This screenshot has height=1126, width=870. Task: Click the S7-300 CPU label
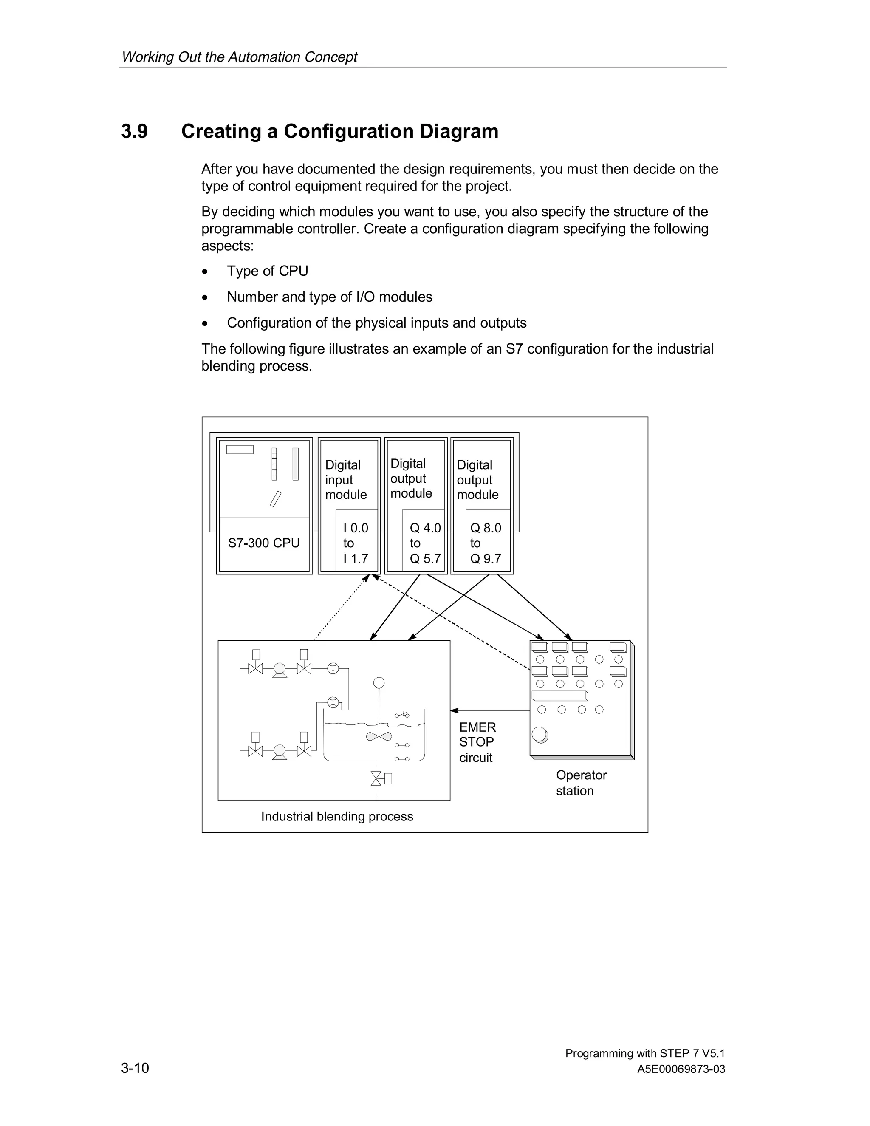[x=263, y=543]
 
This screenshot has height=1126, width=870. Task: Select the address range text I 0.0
[x=356, y=528]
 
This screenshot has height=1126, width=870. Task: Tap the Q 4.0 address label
[x=425, y=528]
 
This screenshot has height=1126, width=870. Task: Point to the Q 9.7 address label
[x=486, y=558]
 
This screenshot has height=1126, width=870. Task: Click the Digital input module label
[x=346, y=479]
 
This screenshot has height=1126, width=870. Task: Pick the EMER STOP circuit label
[x=477, y=742]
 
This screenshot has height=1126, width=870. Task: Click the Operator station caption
[x=581, y=783]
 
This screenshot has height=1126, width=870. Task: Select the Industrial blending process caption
[x=336, y=816]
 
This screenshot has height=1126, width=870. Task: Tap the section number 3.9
[x=135, y=131]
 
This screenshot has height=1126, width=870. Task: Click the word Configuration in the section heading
[x=348, y=131]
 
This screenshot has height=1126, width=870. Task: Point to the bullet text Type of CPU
[x=268, y=271]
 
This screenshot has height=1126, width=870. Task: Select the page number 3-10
[x=135, y=1068]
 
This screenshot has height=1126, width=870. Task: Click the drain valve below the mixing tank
[x=377, y=778]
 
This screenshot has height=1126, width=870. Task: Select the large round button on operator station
[x=539, y=734]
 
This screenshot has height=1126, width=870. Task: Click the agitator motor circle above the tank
[x=379, y=683]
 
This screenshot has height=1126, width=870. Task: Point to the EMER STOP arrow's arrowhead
[x=454, y=710]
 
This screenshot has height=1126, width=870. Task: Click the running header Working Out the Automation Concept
[x=239, y=57]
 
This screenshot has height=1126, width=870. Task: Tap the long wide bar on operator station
[x=559, y=695]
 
